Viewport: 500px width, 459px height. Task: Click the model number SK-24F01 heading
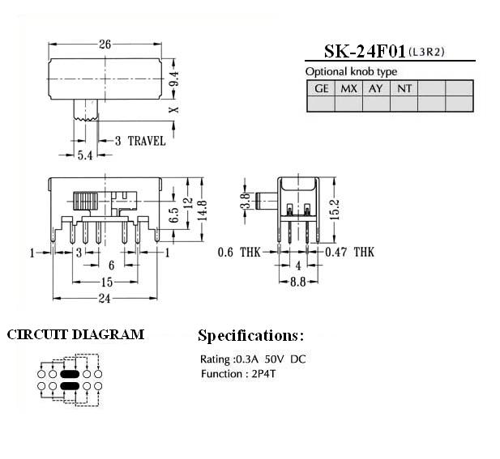coord(365,52)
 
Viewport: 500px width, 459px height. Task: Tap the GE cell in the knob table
coord(321,88)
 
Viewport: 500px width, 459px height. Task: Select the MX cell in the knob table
coord(348,88)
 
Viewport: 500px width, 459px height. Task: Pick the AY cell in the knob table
coord(376,88)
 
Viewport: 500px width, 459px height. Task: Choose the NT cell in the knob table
coord(404,88)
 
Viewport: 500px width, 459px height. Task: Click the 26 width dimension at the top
coord(105,45)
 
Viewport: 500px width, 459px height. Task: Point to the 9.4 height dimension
coord(174,79)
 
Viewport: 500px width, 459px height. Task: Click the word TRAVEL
coord(147,141)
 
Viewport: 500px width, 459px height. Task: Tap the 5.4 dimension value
coord(85,155)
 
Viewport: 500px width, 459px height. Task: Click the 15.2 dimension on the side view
coord(335,210)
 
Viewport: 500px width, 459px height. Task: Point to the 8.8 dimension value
coord(298,282)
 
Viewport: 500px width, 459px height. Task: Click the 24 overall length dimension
coord(105,299)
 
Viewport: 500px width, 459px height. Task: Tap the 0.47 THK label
coord(349,253)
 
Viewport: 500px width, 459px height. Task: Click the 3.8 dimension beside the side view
coord(245,201)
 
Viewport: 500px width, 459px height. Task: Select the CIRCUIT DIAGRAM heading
coord(75,335)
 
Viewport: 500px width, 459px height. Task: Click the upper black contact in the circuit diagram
coord(70,374)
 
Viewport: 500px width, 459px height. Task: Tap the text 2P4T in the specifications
coord(263,374)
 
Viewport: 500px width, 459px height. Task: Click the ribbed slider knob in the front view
coord(85,201)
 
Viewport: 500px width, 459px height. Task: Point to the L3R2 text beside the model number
coord(426,52)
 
